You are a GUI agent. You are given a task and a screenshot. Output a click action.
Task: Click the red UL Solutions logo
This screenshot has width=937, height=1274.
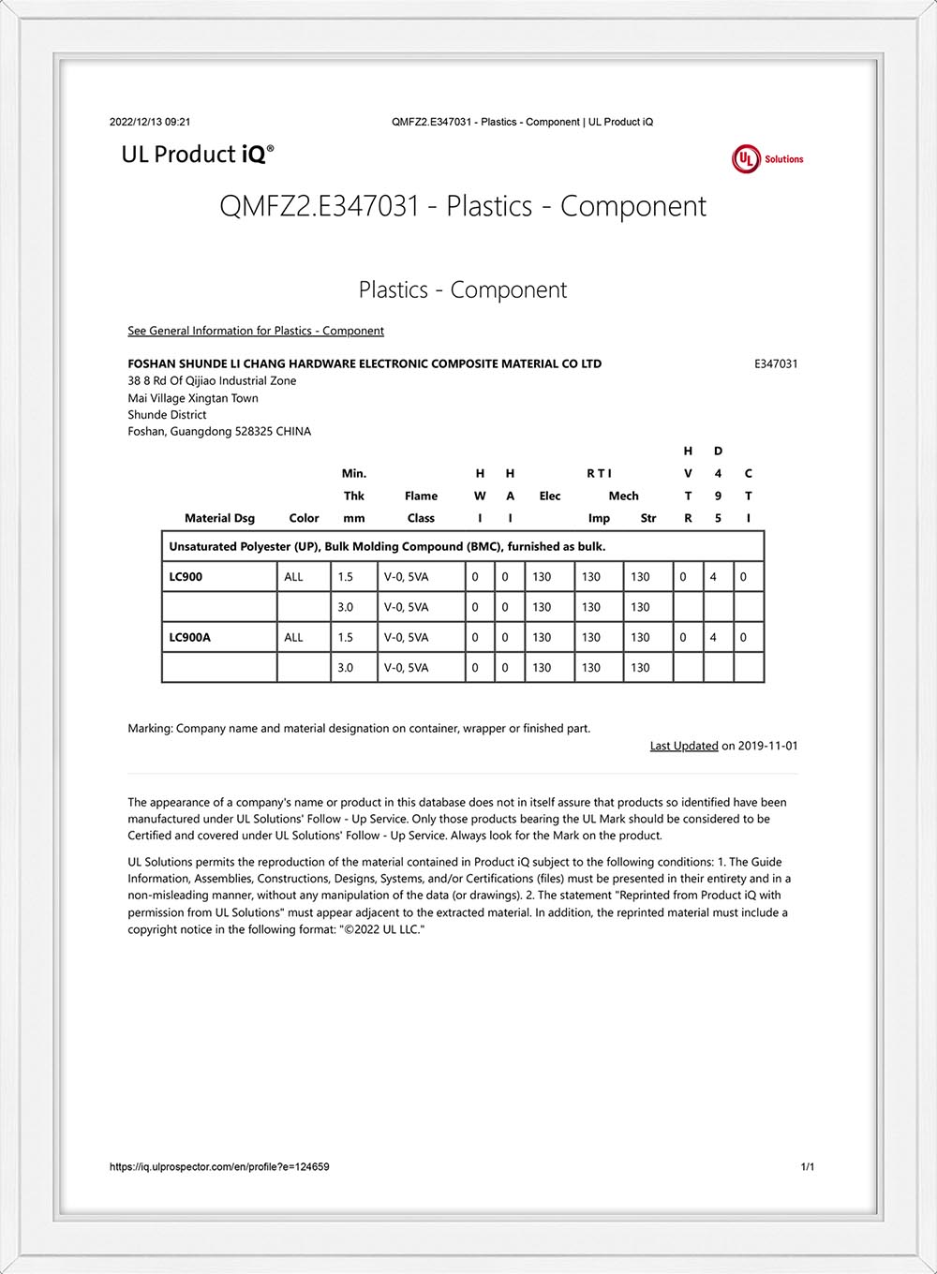click(766, 159)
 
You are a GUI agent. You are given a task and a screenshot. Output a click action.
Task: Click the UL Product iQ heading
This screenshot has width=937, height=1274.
click(198, 155)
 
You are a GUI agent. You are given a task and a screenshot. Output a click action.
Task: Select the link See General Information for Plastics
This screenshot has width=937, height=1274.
click(256, 331)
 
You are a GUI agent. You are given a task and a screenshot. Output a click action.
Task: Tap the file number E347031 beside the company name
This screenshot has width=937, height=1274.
click(776, 363)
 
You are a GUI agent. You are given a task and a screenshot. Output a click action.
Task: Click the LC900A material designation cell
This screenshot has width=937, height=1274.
click(189, 637)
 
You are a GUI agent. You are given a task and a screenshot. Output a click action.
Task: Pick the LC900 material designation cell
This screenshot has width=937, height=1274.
click(186, 577)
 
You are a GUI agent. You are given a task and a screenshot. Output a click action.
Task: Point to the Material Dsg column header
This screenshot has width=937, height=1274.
click(219, 518)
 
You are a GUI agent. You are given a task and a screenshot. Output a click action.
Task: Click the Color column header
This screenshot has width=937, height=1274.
click(304, 518)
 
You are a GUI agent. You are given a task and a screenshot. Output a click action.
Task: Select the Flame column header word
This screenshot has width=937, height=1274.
click(421, 496)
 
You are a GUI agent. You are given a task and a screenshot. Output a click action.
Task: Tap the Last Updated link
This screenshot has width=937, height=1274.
click(684, 746)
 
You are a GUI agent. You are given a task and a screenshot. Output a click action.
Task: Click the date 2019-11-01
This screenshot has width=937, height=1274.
click(768, 746)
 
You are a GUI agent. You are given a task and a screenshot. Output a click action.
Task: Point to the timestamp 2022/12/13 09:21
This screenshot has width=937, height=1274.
click(150, 122)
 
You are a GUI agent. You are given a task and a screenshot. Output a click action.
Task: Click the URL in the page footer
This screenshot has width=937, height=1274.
click(219, 1167)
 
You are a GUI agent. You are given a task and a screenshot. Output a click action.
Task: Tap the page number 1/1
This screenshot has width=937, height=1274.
click(808, 1167)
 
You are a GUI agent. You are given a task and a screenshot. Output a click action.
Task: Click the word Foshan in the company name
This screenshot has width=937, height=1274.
click(152, 363)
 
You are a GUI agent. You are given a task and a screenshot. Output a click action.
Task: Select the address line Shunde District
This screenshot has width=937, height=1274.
click(167, 415)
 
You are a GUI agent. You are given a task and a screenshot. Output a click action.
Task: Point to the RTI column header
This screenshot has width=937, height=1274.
click(599, 473)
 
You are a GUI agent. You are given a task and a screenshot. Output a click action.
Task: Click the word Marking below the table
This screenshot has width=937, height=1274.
click(150, 728)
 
